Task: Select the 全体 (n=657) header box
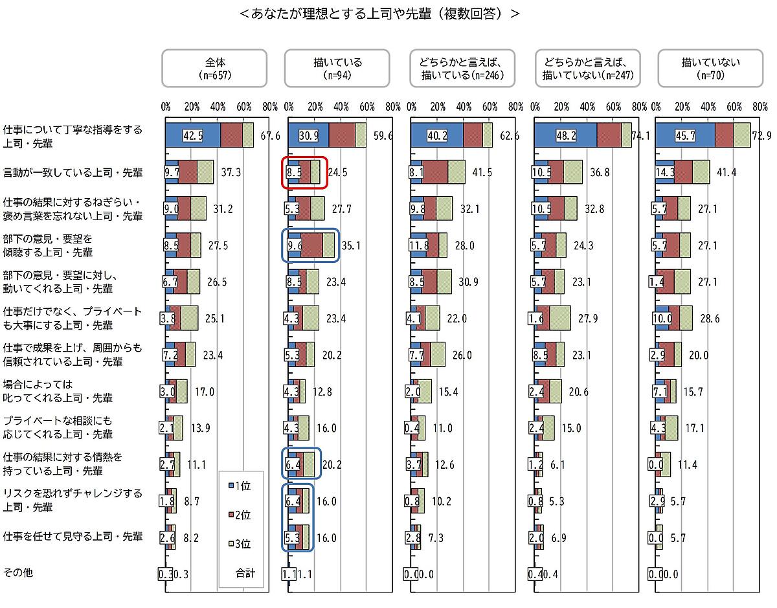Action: coord(214,69)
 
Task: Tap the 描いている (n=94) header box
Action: coord(337,69)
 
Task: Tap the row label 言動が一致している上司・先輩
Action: coord(73,173)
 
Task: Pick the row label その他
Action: coord(17,573)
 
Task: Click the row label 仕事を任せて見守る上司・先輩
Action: coord(73,536)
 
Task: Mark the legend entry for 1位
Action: coord(241,486)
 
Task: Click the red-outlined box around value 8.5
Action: coord(304,173)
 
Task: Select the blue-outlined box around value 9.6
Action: coord(310,245)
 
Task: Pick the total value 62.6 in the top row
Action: coord(508,137)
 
